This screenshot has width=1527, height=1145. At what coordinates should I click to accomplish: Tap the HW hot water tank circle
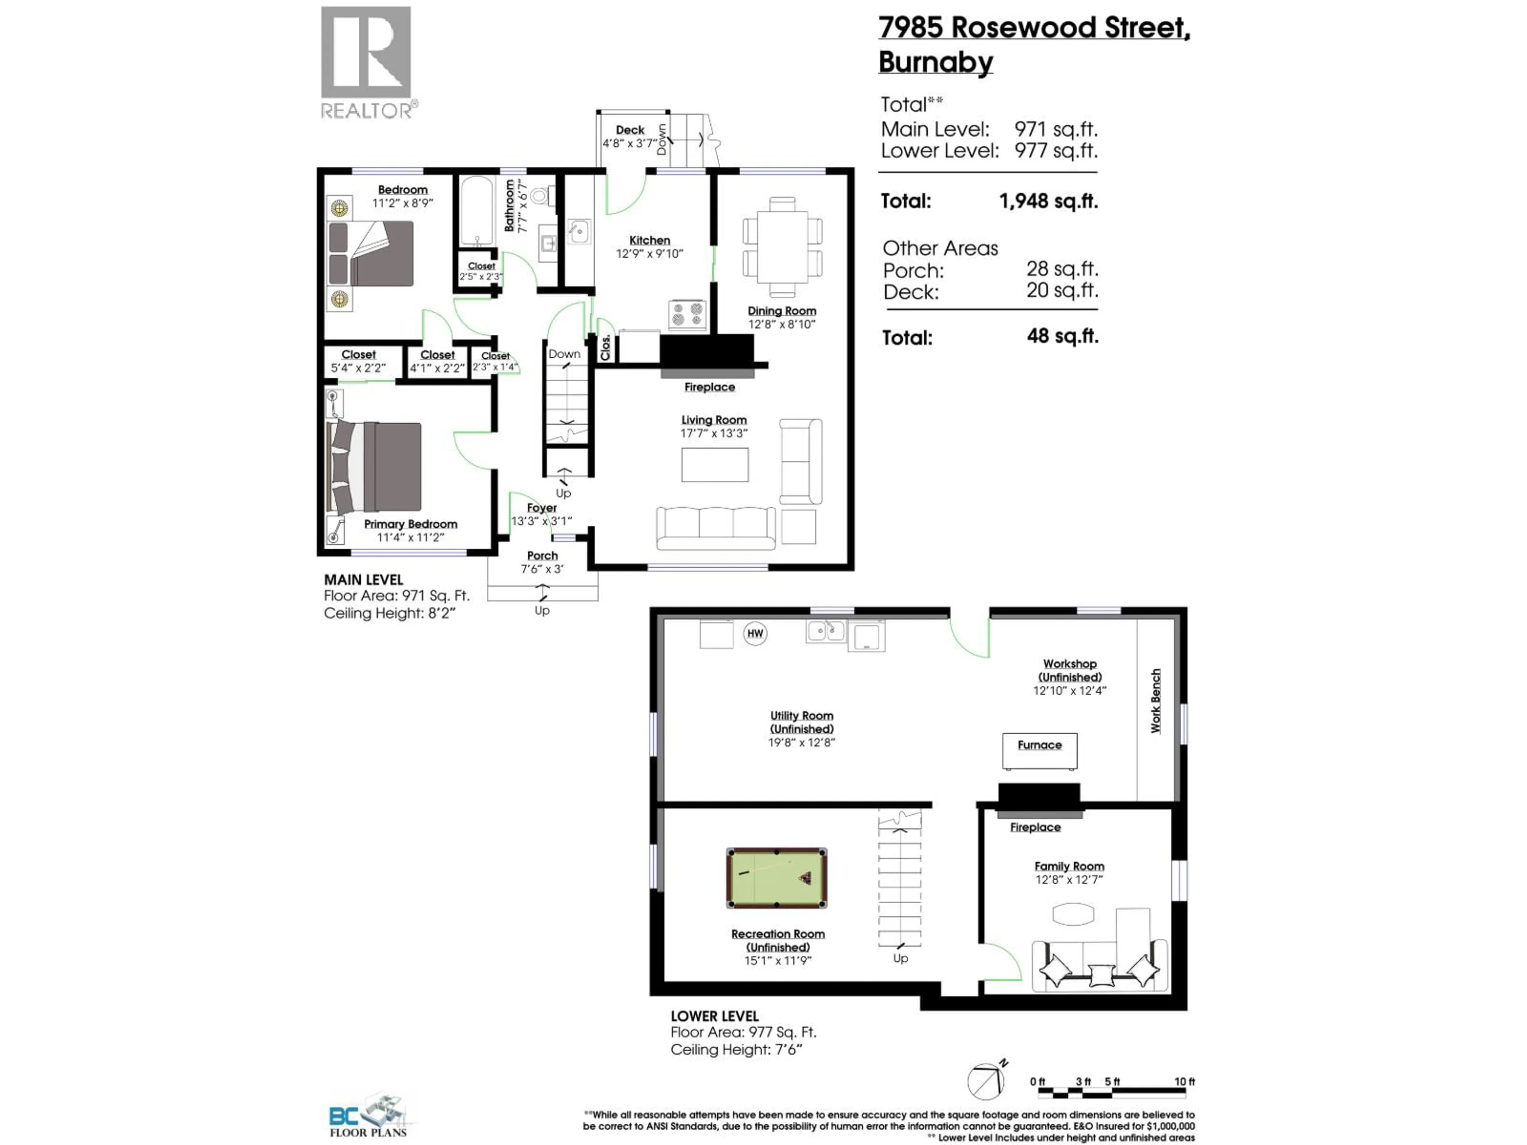(755, 634)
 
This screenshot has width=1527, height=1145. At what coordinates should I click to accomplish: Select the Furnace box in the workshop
(1039, 751)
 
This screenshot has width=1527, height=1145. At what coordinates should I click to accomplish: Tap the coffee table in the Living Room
(715, 464)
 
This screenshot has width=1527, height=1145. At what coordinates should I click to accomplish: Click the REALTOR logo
(367, 62)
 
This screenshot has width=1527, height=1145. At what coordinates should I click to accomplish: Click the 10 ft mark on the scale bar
(1184, 1081)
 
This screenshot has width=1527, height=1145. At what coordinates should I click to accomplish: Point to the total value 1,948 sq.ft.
(1048, 201)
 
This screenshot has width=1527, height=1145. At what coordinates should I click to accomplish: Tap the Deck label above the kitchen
(629, 130)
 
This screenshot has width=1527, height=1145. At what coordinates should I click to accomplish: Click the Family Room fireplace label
(1035, 827)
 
